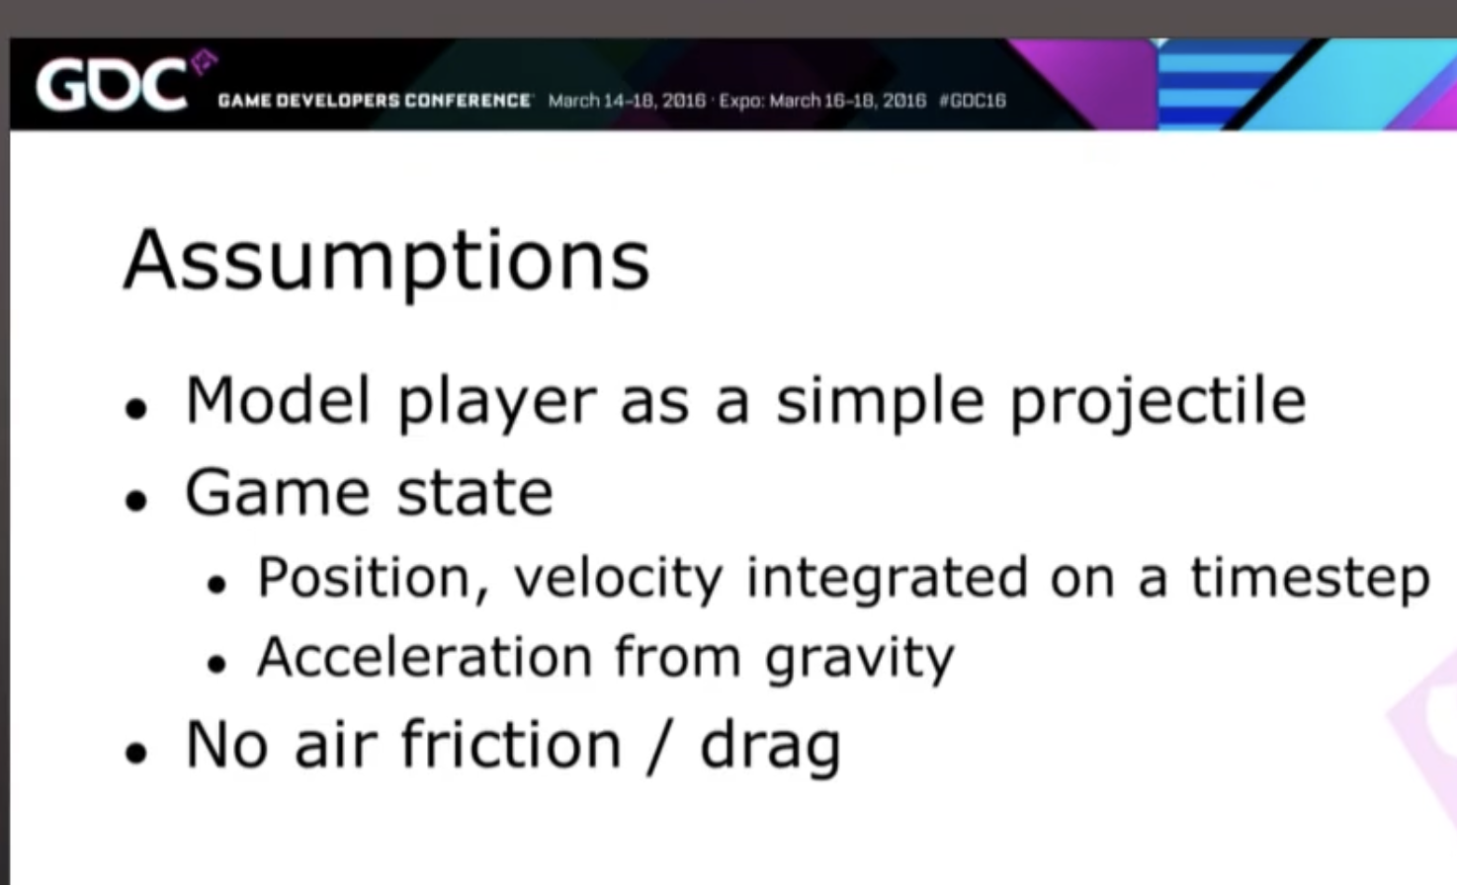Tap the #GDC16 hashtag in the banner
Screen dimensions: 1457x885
(973, 101)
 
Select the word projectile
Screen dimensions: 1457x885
(1157, 403)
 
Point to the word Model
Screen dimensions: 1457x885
(278, 400)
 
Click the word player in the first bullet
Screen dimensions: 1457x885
(497, 403)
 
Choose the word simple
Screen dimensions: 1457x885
(880, 403)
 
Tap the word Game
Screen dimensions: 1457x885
(278, 493)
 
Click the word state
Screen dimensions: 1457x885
(474, 494)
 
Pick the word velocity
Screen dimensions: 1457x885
(618, 580)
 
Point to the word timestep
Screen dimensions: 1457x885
(1310, 580)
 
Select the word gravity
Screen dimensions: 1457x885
(859, 660)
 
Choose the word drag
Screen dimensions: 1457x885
(770, 748)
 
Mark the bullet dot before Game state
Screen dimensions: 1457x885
(136, 502)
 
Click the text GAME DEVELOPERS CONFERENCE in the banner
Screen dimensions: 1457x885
(375, 101)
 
